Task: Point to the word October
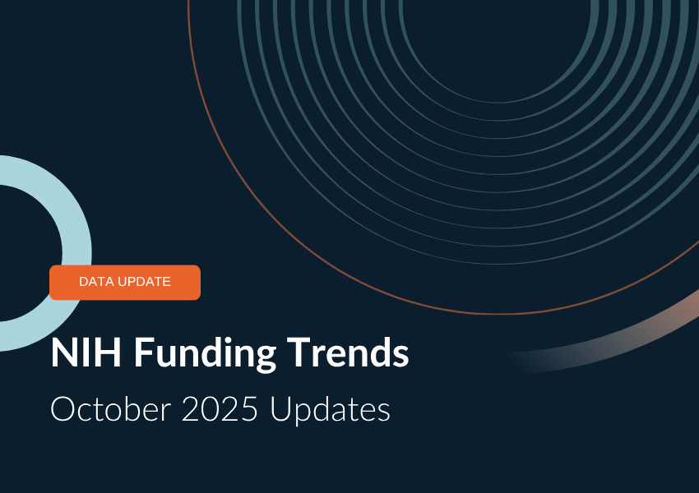click(109, 408)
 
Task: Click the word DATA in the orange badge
click(97, 282)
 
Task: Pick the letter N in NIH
click(63, 354)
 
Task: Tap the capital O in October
click(62, 408)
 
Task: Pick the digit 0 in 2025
click(211, 408)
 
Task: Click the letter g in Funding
click(264, 357)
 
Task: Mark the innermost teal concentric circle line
click(498, 101)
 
